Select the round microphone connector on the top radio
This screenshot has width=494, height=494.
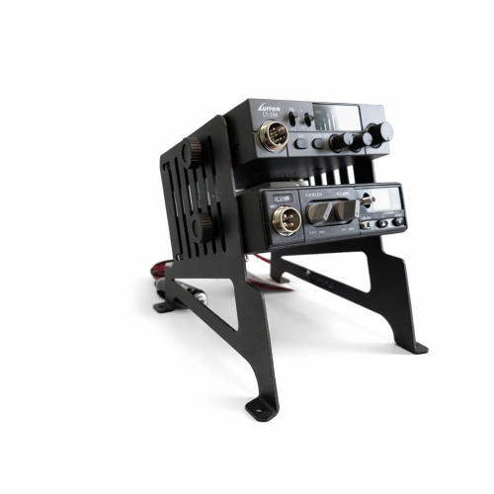click(275, 135)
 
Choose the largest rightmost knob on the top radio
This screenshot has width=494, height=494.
click(381, 131)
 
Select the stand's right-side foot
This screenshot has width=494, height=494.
click(418, 347)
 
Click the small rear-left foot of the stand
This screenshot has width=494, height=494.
click(162, 307)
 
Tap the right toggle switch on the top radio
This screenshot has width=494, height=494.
click(307, 120)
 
